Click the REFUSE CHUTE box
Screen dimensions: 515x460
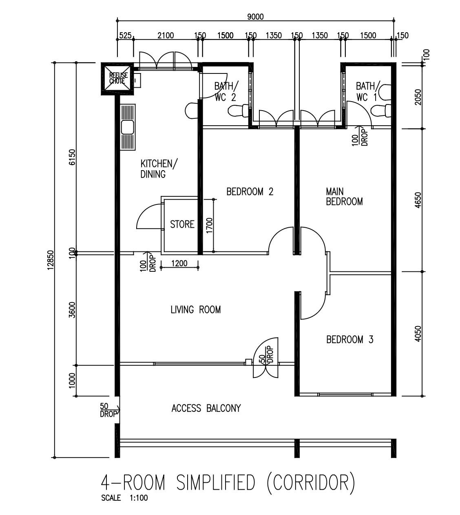click(x=117, y=78)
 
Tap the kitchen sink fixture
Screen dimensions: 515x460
click(x=128, y=127)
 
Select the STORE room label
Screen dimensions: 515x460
click(x=182, y=224)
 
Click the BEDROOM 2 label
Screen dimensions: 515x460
click(x=250, y=191)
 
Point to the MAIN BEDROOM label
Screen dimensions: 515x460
click(x=344, y=196)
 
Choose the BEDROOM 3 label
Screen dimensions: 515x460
click(x=349, y=340)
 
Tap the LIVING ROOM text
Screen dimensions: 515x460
click(x=195, y=310)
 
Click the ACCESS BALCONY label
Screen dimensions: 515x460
click(x=206, y=408)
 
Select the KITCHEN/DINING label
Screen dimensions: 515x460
click(x=159, y=169)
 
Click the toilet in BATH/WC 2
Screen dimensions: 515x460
click(x=238, y=111)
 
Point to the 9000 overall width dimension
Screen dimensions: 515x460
click(x=255, y=17)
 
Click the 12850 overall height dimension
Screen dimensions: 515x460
click(x=50, y=260)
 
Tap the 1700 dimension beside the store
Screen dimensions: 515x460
click(x=209, y=226)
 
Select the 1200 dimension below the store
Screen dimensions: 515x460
click(x=179, y=263)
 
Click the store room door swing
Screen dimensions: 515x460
click(x=148, y=216)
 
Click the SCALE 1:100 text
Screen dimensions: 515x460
click(x=124, y=498)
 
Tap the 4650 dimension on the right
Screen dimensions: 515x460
click(x=417, y=200)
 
